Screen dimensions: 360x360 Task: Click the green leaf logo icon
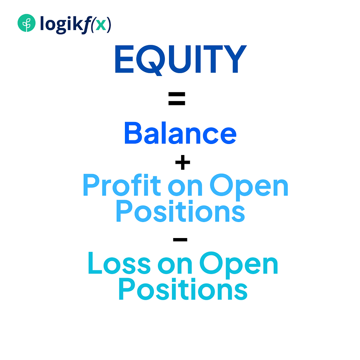(x=26, y=24)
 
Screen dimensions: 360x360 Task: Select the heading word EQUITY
(x=180, y=60)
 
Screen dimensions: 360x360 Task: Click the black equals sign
(x=177, y=99)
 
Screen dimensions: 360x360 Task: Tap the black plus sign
(x=183, y=163)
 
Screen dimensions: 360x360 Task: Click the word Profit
(x=122, y=186)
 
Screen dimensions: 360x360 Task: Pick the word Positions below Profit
(x=180, y=212)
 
